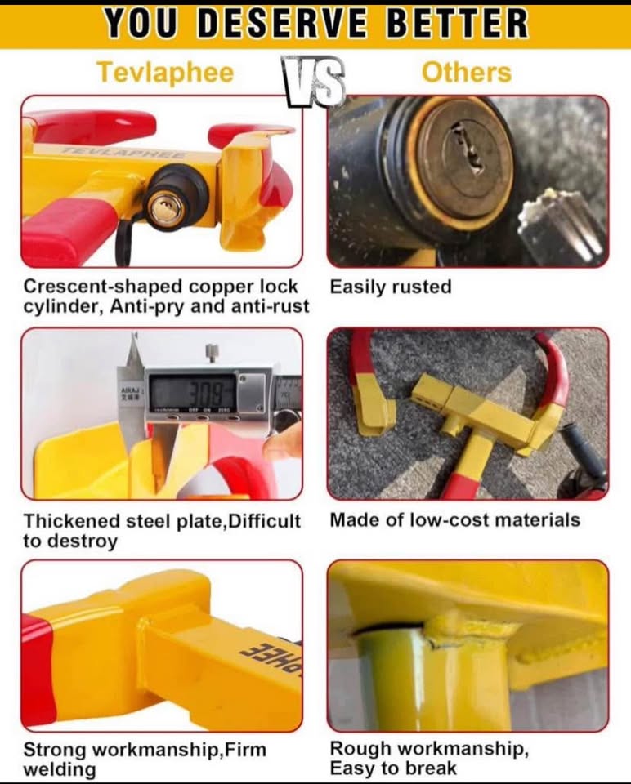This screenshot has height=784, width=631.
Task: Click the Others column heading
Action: click(x=466, y=72)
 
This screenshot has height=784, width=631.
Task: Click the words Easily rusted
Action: click(x=391, y=287)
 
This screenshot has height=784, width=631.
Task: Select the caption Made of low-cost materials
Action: click(x=454, y=520)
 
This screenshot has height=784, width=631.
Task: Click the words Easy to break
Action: click(x=393, y=768)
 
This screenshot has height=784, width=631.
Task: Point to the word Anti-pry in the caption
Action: click(x=135, y=306)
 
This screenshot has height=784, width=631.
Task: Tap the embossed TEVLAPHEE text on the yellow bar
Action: click(x=127, y=153)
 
